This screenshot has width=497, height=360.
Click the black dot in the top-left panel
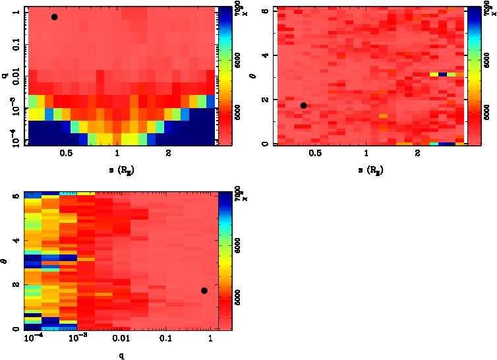pyautogui.click(x=54, y=16)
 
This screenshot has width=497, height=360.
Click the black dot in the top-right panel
pyautogui.click(x=303, y=105)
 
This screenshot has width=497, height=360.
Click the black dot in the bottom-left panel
pyautogui.click(x=204, y=291)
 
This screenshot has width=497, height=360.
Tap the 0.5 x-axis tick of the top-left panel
pyautogui.click(x=66, y=154)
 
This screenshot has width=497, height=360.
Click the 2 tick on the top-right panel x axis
pyautogui.click(x=418, y=154)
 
